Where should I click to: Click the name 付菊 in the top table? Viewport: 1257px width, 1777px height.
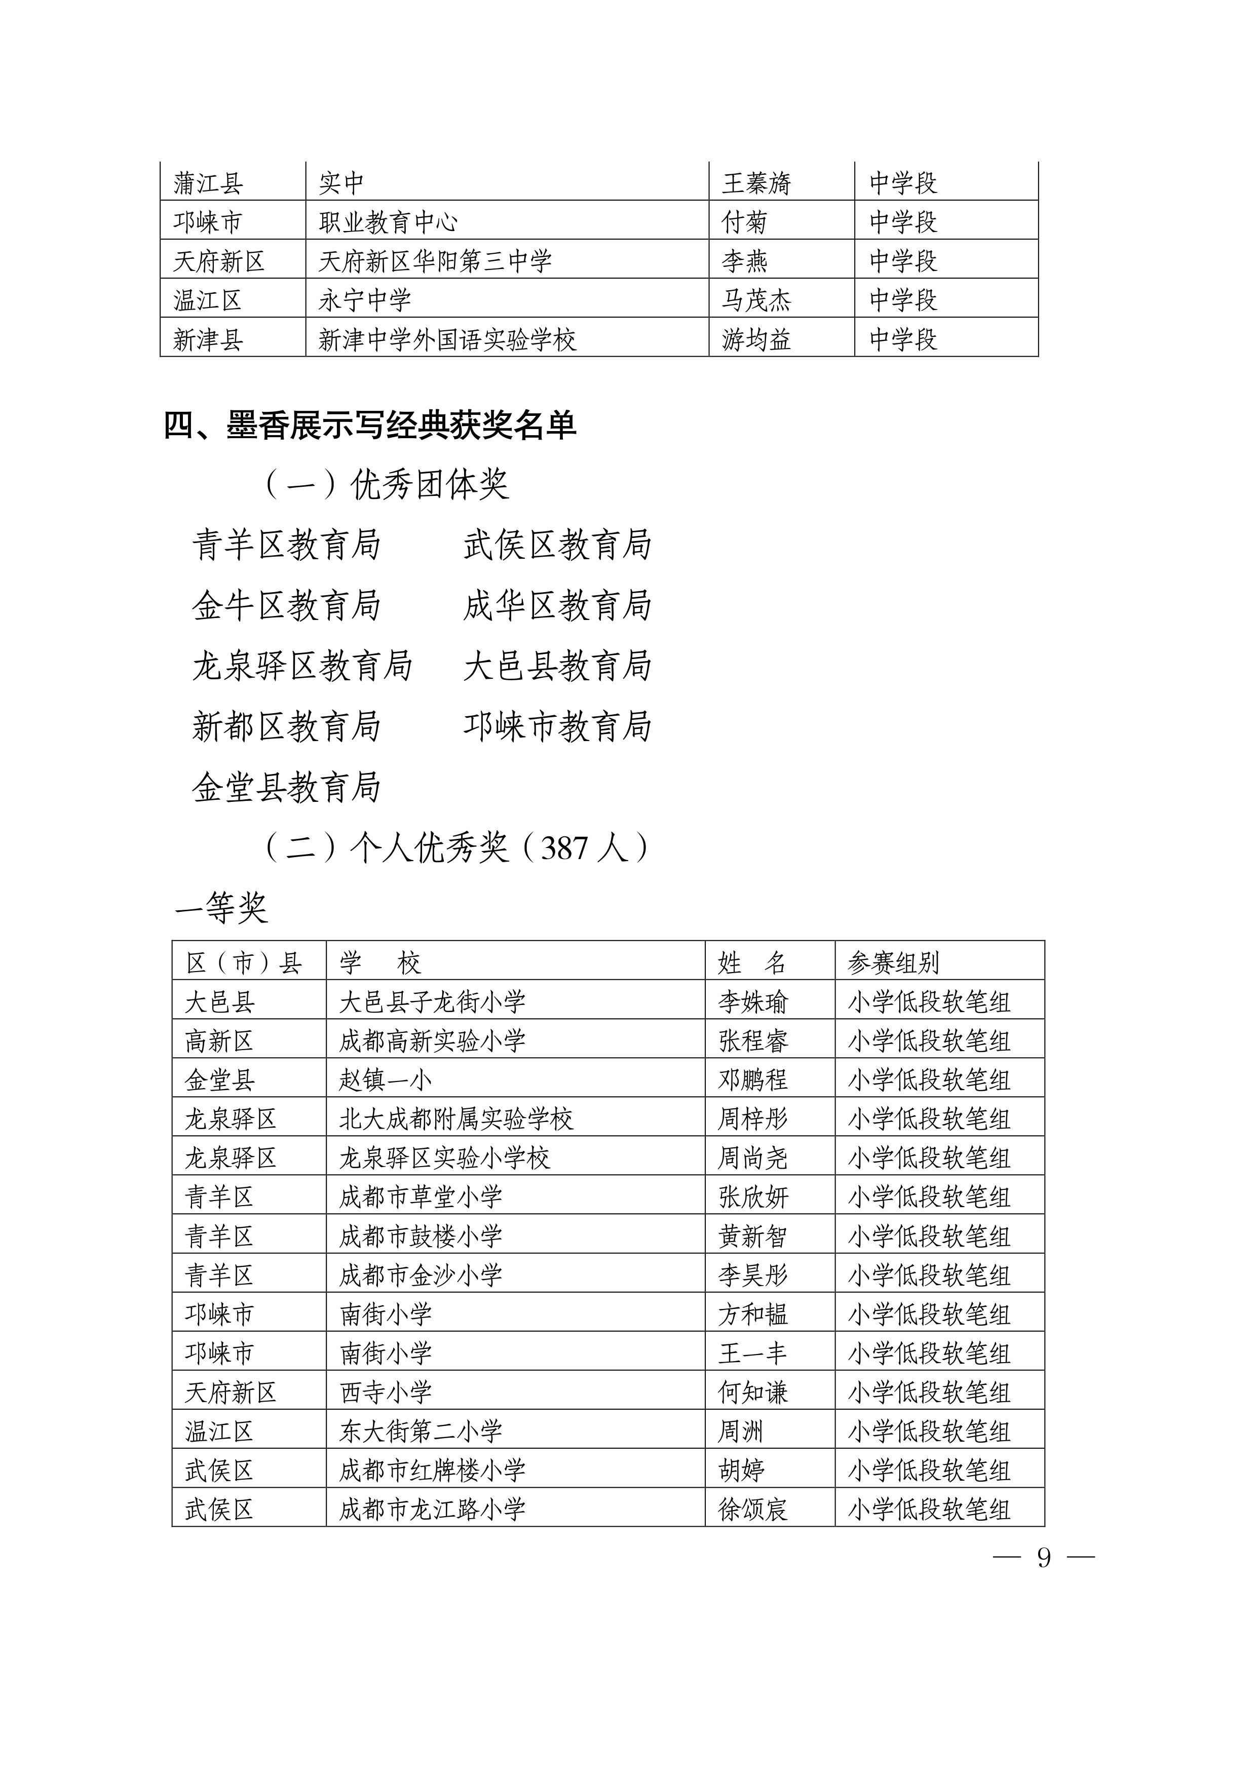click(744, 222)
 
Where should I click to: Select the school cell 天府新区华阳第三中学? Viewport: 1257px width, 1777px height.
click(435, 261)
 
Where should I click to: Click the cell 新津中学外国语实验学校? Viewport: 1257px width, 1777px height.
click(447, 339)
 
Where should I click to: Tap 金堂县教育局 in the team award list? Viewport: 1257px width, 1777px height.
click(286, 788)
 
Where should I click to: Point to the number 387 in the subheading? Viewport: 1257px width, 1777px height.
click(565, 849)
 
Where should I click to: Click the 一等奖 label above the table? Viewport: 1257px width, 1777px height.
click(221, 907)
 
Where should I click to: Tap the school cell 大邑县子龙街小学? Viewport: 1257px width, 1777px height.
click(432, 1002)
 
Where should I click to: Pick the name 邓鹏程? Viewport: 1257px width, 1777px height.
click(753, 1079)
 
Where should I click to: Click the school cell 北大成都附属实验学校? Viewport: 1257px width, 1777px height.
click(456, 1119)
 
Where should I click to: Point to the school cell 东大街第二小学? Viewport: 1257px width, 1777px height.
click(421, 1432)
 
